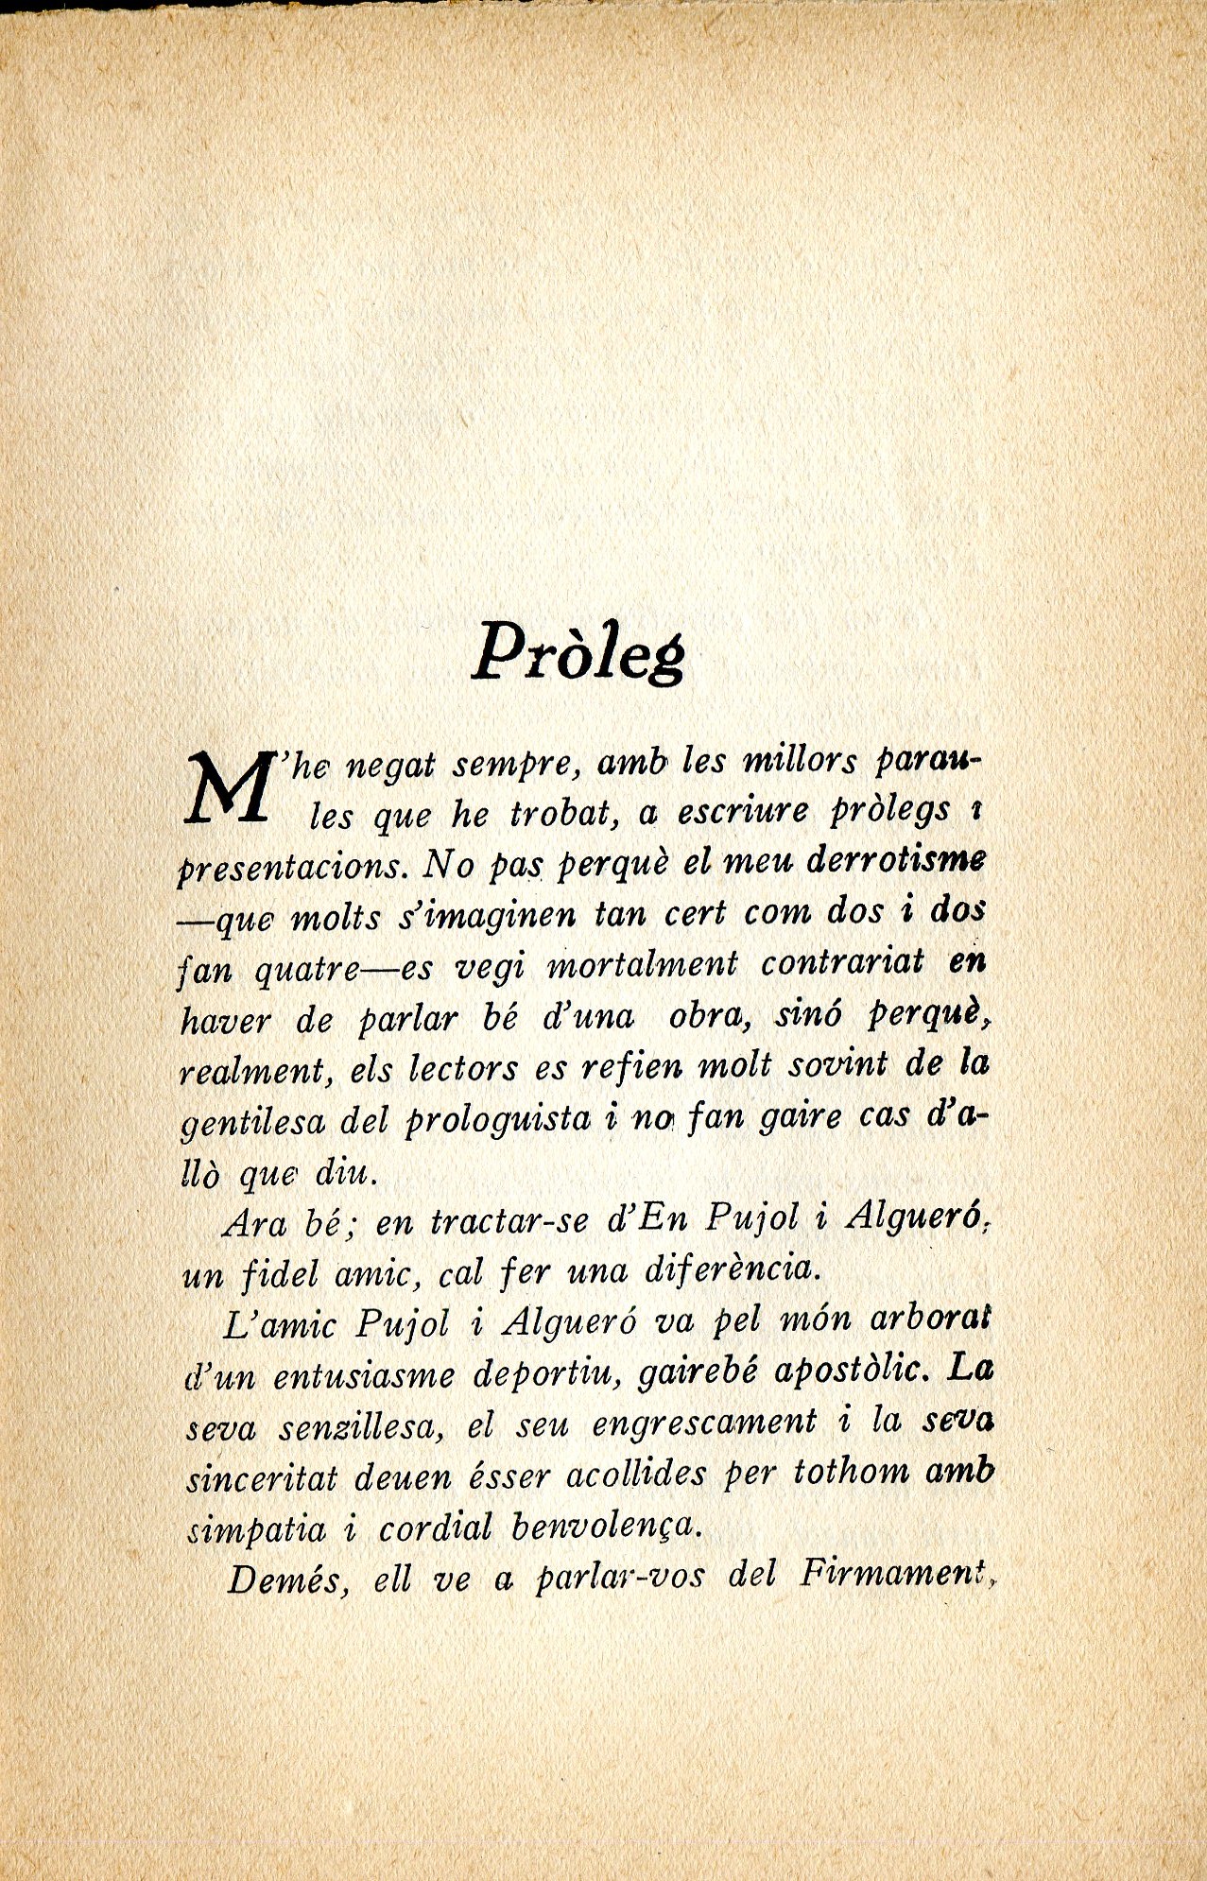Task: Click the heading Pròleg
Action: pos(578,653)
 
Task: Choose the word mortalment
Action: pos(643,965)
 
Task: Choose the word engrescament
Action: pos(703,1424)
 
